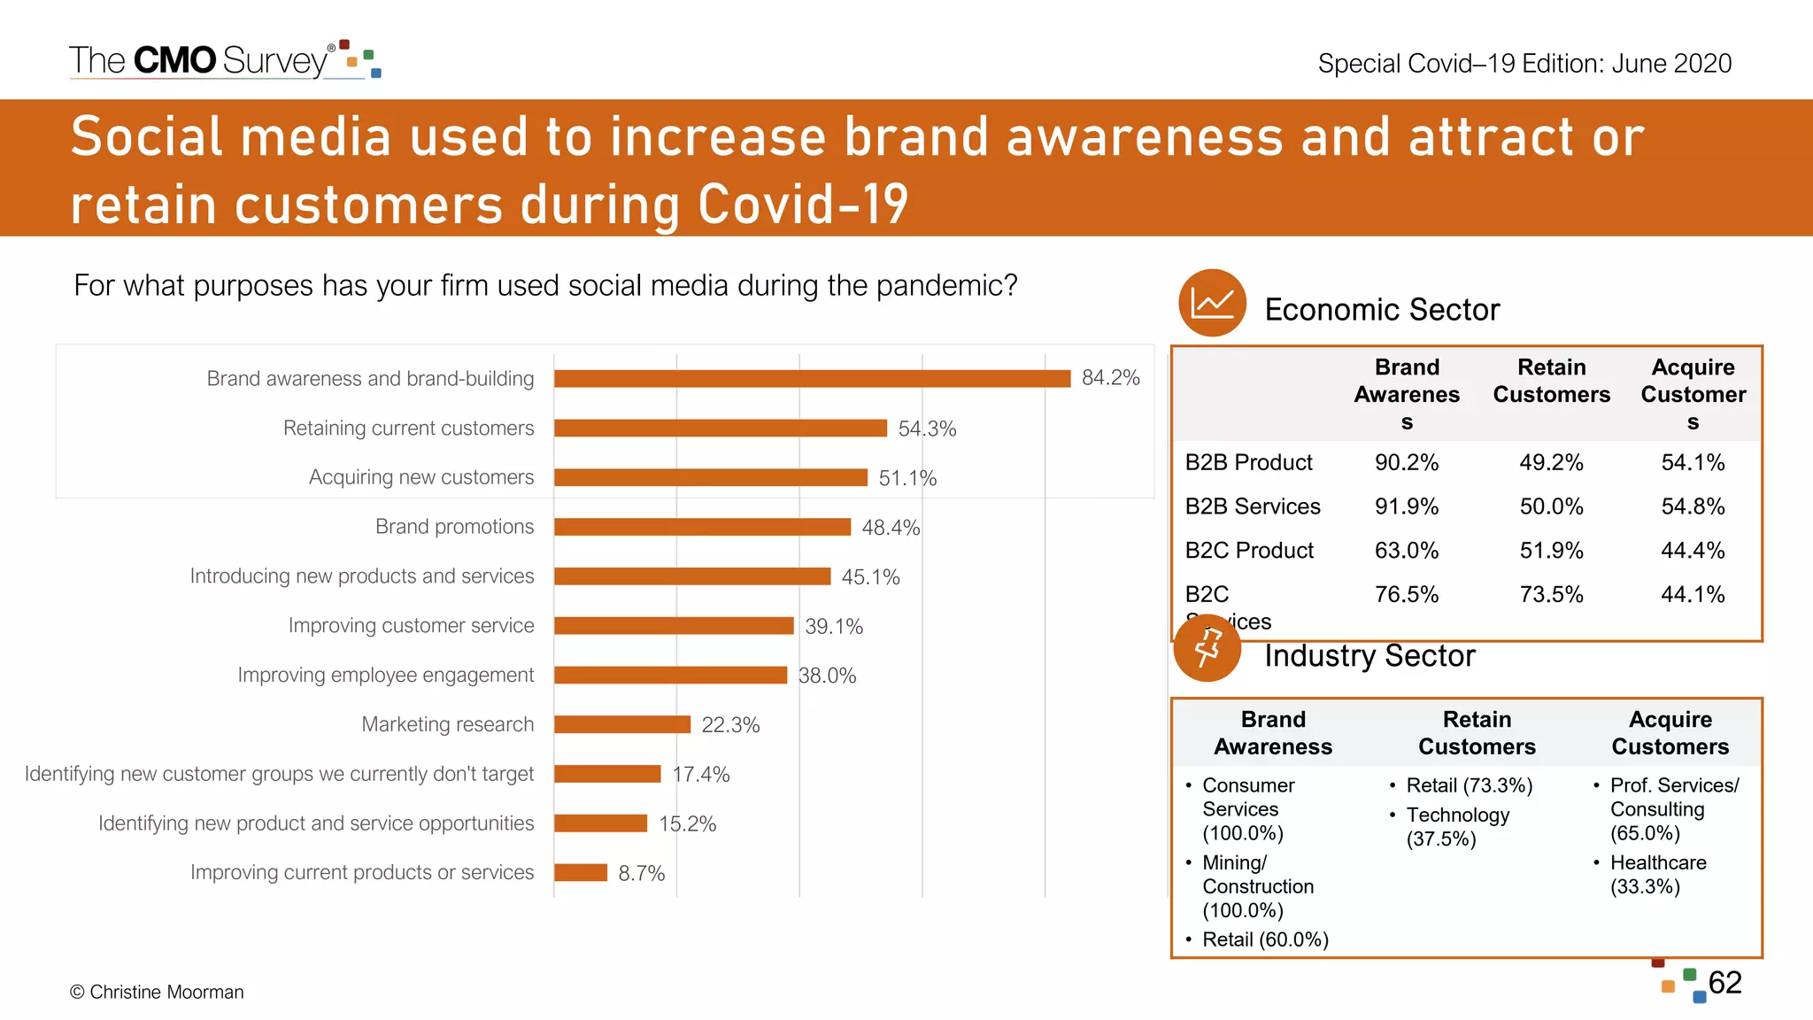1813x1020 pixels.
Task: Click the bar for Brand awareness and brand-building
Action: point(812,379)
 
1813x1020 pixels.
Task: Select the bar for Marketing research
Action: point(622,724)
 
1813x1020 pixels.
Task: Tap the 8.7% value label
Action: point(641,873)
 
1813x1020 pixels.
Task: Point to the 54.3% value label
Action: point(927,429)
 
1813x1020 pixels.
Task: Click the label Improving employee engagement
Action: point(385,675)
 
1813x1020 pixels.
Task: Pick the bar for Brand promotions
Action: point(702,527)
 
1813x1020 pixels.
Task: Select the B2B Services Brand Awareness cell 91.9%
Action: point(1406,506)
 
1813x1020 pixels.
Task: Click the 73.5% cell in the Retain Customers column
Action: point(1551,594)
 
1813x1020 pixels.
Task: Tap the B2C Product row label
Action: point(1249,550)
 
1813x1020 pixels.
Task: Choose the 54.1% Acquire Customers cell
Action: point(1693,462)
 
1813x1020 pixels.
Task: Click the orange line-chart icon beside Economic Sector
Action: point(1212,303)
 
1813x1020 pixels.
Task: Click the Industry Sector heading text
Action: point(1369,656)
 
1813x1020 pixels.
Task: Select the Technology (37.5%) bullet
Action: point(1457,826)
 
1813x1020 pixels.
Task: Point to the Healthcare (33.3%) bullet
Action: point(1657,874)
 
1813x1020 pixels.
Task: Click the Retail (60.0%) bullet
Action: point(1265,939)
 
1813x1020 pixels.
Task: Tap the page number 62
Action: point(1724,983)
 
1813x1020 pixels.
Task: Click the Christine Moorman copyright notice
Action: point(157,992)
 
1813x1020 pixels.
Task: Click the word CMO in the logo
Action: point(174,60)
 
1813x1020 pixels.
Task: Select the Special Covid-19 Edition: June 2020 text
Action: point(1524,64)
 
